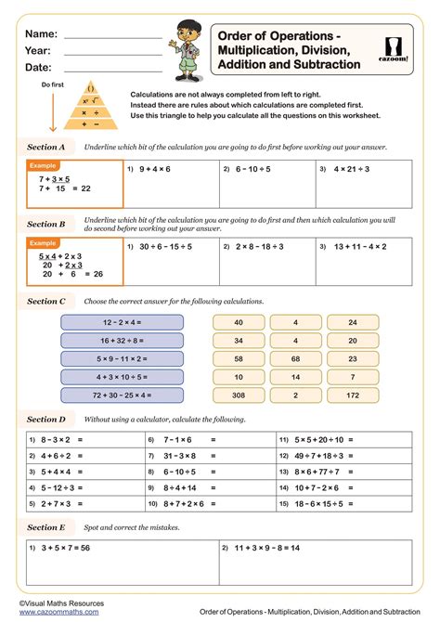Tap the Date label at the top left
[x=38, y=68]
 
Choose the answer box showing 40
[x=239, y=321]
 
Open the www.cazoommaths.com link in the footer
[x=52, y=613]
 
